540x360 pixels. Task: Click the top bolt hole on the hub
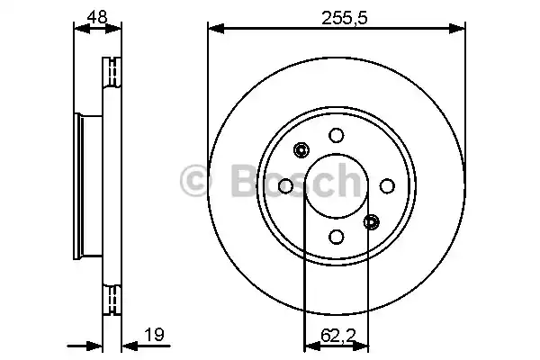click(x=336, y=135)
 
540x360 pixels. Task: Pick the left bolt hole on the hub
click(x=285, y=185)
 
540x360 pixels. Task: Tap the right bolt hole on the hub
click(x=387, y=185)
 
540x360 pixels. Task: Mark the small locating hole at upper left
click(x=301, y=150)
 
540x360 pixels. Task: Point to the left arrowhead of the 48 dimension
click(x=77, y=31)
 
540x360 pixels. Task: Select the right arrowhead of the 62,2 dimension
click(x=363, y=346)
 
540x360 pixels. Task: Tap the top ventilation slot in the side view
click(x=114, y=70)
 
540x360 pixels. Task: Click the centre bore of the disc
click(x=336, y=185)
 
